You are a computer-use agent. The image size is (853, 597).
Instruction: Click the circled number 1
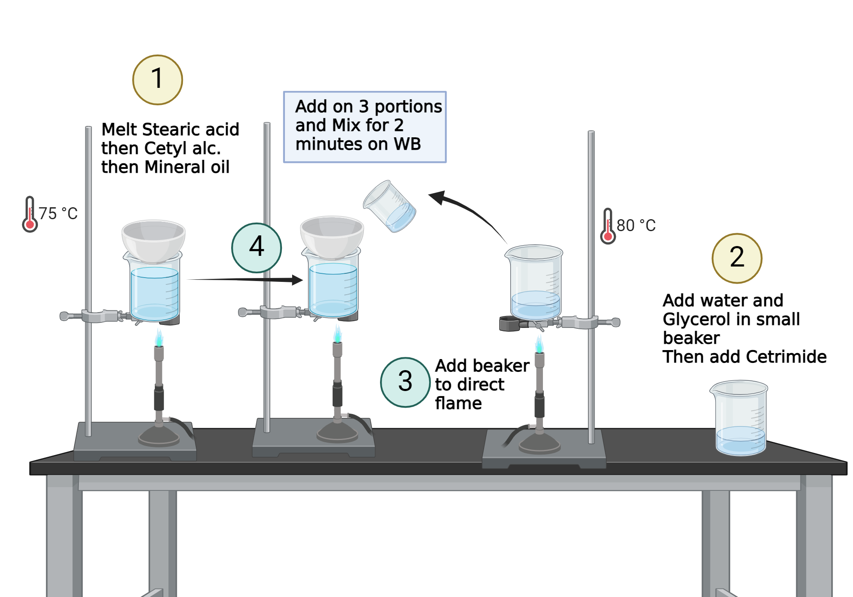coord(157,80)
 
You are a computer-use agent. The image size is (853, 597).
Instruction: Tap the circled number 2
coord(737,258)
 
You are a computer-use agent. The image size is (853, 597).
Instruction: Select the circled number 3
coord(405,382)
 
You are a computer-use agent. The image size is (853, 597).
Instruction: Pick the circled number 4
coord(256,247)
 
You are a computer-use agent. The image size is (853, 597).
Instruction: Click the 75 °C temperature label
coord(58,214)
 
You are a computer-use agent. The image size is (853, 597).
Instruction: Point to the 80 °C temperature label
coord(636,226)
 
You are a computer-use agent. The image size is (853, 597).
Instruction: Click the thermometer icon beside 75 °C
coord(30,214)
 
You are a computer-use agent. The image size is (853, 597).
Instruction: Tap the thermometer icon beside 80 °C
coord(608,226)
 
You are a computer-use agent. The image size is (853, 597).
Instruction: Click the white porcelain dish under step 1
coord(154,240)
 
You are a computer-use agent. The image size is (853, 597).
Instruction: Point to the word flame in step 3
coord(458,403)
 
